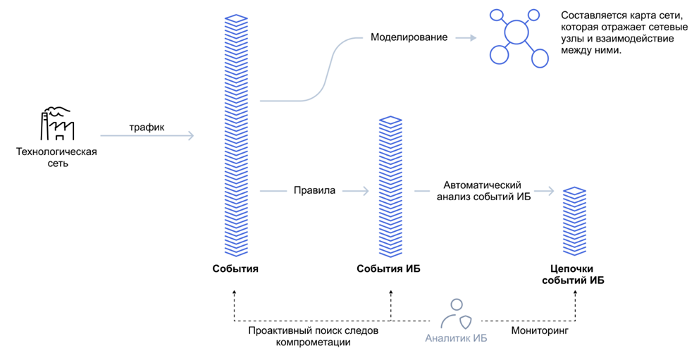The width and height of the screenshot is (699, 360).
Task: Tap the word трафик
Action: [x=147, y=128]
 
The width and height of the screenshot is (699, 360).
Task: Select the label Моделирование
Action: [x=409, y=37]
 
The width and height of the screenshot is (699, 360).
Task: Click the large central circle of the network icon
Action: [x=516, y=32]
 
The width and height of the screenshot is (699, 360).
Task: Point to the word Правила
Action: [x=314, y=190]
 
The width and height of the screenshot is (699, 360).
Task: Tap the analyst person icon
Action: [x=456, y=314]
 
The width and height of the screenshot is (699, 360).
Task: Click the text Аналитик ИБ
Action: [x=456, y=338]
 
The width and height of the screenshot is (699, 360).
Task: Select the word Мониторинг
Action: [x=540, y=330]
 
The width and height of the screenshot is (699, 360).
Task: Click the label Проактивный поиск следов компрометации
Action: [x=314, y=336]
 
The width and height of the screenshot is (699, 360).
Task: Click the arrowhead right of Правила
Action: [x=365, y=190]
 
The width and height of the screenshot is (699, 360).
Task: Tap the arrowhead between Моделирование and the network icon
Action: [x=473, y=37]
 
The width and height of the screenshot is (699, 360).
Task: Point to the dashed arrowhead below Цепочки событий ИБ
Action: [x=576, y=294]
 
